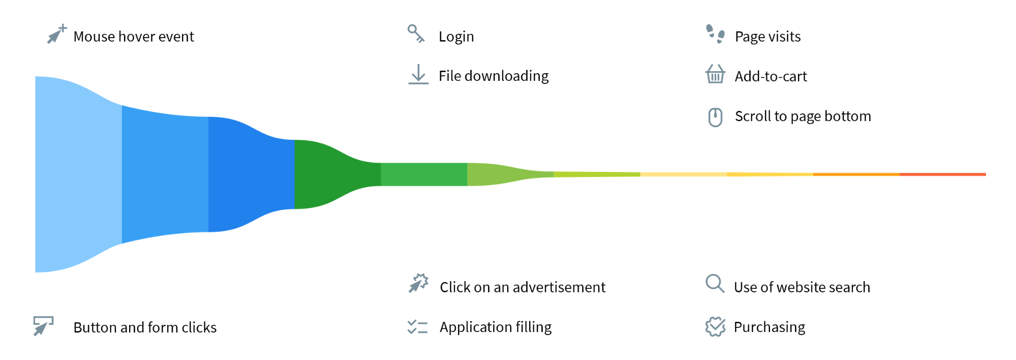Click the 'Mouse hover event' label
tap(134, 37)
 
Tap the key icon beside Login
tap(416, 34)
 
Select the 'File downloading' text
tap(494, 76)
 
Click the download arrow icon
tap(418, 74)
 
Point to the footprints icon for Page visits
tap(715, 34)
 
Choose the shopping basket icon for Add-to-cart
tap(715, 74)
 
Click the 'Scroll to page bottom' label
tap(803, 116)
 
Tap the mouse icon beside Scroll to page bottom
tap(715, 117)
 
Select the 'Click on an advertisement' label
tap(522, 287)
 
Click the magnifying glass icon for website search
tap(714, 283)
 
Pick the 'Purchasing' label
tap(769, 327)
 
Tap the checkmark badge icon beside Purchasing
tap(715, 326)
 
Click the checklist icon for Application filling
tap(417, 327)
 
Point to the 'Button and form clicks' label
tap(145, 327)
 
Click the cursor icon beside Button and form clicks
tap(43, 326)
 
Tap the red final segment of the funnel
tap(943, 174)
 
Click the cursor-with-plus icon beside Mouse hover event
tap(57, 34)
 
